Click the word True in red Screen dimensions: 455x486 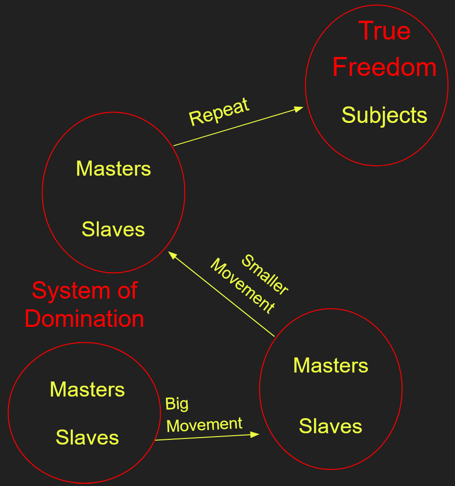tap(384, 31)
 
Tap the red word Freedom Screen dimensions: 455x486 tap(384, 67)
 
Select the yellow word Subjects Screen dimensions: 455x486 tap(384, 115)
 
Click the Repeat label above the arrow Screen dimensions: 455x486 tap(219, 112)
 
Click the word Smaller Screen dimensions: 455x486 tap(264, 275)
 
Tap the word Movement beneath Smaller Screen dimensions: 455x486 tap(242, 286)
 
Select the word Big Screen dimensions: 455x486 tap(177, 404)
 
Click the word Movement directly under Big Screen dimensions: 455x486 tap(204, 425)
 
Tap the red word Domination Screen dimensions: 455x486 tap(85, 319)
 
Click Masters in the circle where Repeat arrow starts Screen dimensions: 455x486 tap(113, 169)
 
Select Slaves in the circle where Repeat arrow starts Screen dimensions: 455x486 tap(113, 229)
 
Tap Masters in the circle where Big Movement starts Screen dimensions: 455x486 tap(87, 389)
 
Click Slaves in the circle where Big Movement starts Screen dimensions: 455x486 tap(87, 437)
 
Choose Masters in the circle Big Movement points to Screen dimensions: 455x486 tap(330, 365)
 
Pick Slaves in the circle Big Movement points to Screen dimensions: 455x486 tap(330, 426)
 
